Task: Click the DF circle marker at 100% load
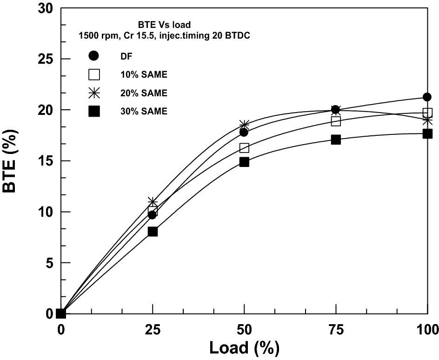(427, 97)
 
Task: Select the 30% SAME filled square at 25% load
(153, 231)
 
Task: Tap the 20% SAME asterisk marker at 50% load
(244, 125)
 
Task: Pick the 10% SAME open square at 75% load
(336, 121)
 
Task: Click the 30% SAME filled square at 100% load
(427, 133)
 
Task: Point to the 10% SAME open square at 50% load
(244, 148)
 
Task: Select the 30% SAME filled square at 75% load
(336, 139)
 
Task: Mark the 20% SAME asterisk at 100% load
(427, 120)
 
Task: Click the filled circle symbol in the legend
(94, 56)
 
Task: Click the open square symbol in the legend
(94, 74)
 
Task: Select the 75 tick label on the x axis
(336, 330)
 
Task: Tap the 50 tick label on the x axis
(244, 330)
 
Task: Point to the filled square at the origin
(61, 313)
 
